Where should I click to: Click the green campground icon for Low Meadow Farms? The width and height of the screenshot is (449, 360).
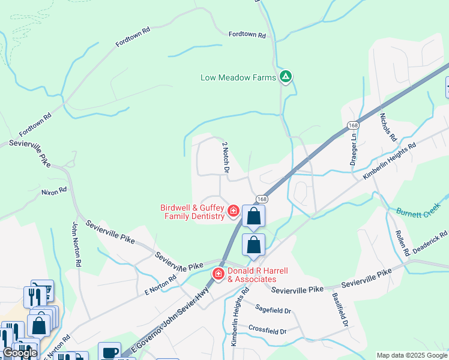tap(286, 77)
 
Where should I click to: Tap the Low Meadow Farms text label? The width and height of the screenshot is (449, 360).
tap(238, 77)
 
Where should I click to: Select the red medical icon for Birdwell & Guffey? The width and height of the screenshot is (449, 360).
tap(233, 212)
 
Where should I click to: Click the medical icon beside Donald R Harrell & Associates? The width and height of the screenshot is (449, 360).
tap(218, 274)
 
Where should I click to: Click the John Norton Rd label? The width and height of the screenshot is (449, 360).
tap(76, 244)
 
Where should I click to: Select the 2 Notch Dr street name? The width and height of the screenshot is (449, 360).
tap(226, 157)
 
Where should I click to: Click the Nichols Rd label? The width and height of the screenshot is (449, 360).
tap(388, 128)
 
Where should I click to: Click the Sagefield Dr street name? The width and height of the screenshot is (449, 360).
tap(273, 311)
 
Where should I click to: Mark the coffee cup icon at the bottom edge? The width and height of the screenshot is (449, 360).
tap(109, 352)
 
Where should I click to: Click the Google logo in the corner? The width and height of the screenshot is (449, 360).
tap(19, 353)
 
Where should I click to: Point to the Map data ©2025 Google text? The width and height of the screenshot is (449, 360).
tap(412, 355)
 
